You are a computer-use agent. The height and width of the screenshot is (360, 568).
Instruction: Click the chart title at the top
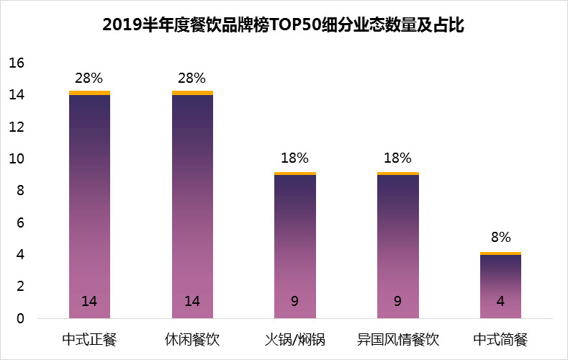pyautogui.click(x=284, y=27)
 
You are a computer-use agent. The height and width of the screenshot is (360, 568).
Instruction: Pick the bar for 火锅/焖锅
pyautogui.click(x=294, y=245)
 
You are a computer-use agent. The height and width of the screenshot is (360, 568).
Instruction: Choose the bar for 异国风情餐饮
pyautogui.click(x=397, y=245)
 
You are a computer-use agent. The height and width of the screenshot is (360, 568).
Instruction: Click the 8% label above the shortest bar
pyautogui.click(x=500, y=237)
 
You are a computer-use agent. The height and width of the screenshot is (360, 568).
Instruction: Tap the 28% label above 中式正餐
pyautogui.click(x=89, y=78)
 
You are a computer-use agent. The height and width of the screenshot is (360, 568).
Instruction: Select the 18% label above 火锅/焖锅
pyautogui.click(x=294, y=158)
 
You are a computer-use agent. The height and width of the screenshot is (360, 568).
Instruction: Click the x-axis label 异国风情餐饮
pyautogui.click(x=397, y=339)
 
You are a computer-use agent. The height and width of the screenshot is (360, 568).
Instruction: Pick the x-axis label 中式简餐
pyautogui.click(x=500, y=339)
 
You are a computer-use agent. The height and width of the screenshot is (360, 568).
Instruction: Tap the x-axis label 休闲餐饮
pyautogui.click(x=192, y=339)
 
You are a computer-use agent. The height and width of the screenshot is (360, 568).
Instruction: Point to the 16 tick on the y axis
pyautogui.click(x=17, y=63)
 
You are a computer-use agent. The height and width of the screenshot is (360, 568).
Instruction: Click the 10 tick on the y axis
pyautogui.click(x=17, y=159)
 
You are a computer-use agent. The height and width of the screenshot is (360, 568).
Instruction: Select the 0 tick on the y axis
pyautogui.click(x=21, y=318)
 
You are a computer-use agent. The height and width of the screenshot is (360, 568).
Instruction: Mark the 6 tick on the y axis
pyautogui.click(x=21, y=223)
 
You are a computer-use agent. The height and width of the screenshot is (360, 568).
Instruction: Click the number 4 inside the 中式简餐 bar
pyautogui.click(x=500, y=302)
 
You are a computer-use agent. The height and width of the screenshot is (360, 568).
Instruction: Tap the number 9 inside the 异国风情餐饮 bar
pyautogui.click(x=397, y=302)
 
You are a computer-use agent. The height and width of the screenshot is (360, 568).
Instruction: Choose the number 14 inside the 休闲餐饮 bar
pyautogui.click(x=192, y=302)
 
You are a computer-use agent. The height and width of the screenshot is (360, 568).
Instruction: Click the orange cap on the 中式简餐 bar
pyautogui.click(x=500, y=253)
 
